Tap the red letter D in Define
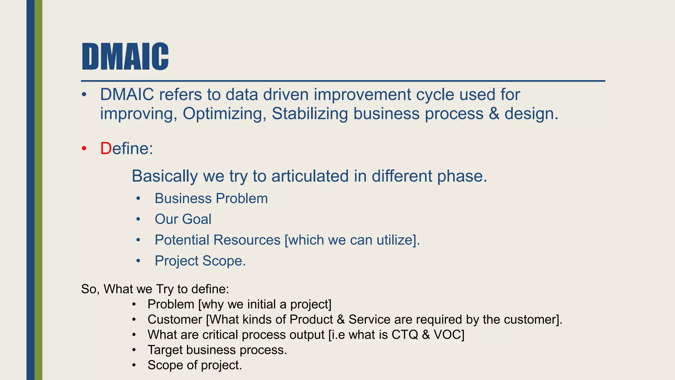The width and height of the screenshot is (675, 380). click(106, 148)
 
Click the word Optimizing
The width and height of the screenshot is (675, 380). click(224, 114)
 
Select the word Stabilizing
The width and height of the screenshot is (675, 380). click(309, 114)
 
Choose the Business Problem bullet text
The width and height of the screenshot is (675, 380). click(211, 199)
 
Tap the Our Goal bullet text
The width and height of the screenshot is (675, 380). click(183, 219)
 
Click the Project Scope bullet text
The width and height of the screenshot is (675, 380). click(200, 261)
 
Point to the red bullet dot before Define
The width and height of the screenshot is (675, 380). click(84, 149)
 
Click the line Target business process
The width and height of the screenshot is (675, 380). click(217, 350)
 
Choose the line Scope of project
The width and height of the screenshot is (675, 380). click(194, 365)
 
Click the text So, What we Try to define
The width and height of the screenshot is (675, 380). click(155, 289)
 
